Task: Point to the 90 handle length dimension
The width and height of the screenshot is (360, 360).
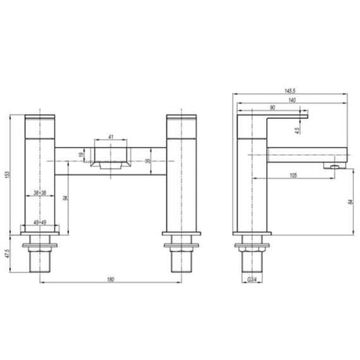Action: [271, 108]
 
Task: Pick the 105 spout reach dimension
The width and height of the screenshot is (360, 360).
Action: [291, 175]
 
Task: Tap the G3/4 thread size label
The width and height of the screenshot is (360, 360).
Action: [252, 279]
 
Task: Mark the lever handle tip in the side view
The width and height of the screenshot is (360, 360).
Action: [307, 118]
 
